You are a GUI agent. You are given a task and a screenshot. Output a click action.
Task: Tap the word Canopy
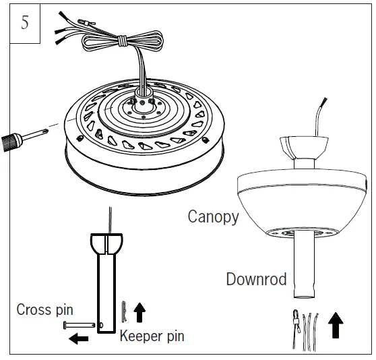213,216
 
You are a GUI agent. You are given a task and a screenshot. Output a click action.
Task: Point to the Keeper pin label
152,335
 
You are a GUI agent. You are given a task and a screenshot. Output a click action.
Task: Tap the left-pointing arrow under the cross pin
79,338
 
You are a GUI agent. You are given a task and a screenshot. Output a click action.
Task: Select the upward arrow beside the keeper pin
140,311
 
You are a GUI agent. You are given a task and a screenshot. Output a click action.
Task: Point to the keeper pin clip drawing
124,311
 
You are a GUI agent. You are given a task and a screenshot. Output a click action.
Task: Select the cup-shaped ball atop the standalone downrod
107,242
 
